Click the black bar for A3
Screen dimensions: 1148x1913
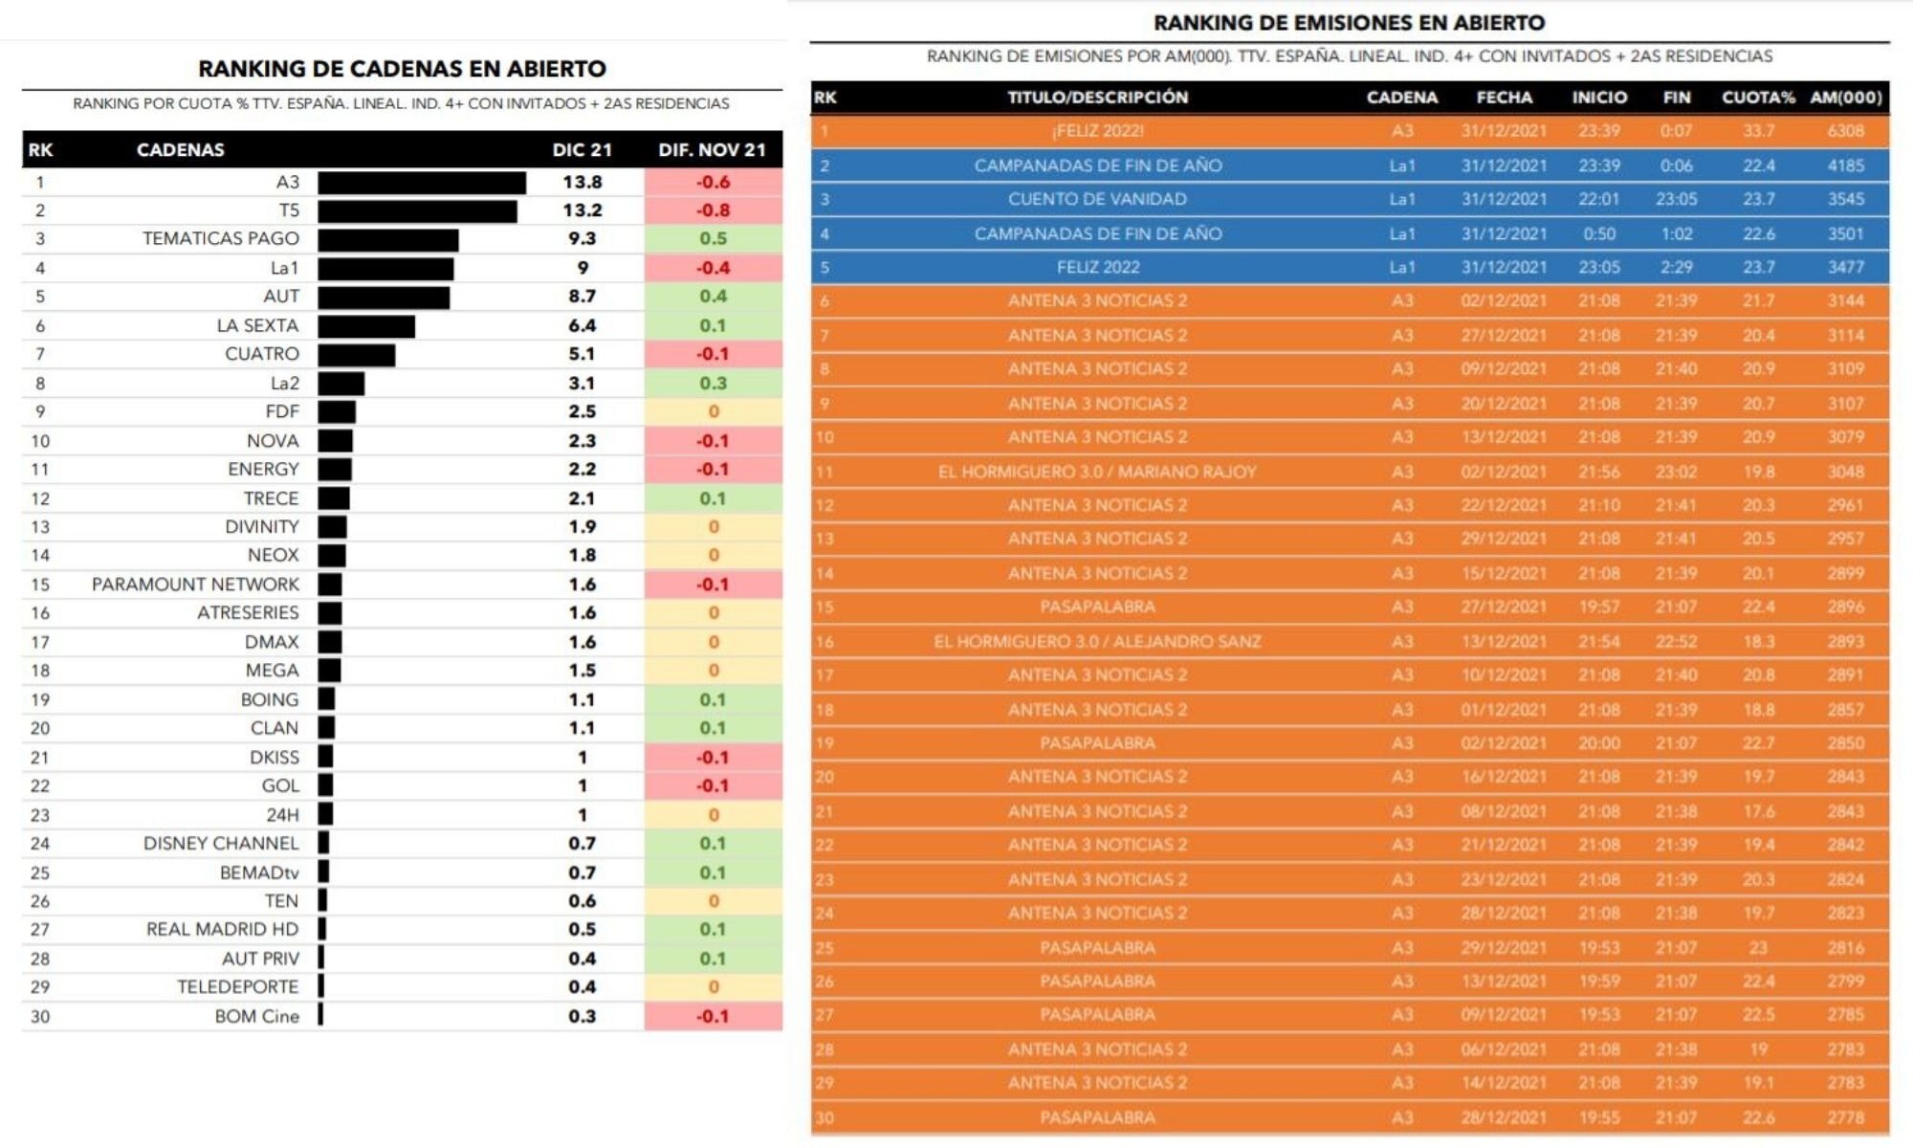(x=422, y=182)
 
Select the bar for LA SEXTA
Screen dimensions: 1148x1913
(x=366, y=326)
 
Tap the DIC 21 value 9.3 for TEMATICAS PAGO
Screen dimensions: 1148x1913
(x=582, y=239)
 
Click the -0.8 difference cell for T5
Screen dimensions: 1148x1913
(x=713, y=210)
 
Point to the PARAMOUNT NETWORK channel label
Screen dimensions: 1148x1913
(x=195, y=585)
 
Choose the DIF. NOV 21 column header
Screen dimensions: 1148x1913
(x=712, y=150)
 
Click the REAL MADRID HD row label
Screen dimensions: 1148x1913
(x=222, y=930)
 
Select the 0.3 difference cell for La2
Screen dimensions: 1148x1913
(x=713, y=384)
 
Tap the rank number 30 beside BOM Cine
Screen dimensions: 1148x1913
(x=40, y=1017)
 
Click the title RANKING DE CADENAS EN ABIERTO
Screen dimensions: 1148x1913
(x=402, y=69)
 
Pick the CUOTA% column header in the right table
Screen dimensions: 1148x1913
(x=1758, y=98)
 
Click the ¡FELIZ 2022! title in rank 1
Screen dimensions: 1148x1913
(x=1097, y=131)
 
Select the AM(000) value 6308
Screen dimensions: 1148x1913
(x=1845, y=131)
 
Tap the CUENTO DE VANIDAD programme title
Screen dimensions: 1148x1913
(x=1097, y=199)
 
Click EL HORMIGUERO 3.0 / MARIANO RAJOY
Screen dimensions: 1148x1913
(x=1097, y=472)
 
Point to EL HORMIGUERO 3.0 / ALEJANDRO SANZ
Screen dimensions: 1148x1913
(x=1097, y=642)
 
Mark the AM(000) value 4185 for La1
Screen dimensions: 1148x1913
(x=1845, y=166)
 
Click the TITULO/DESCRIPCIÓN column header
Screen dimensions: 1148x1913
(x=1097, y=98)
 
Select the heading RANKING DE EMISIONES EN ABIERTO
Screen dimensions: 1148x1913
(x=1349, y=23)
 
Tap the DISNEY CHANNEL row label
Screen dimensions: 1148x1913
(x=221, y=844)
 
